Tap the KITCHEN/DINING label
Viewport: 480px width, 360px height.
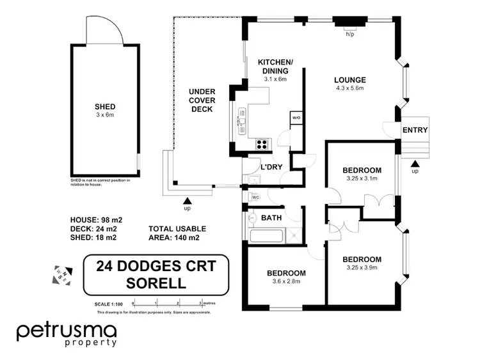(273, 66)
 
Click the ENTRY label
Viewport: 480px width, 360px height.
(415, 130)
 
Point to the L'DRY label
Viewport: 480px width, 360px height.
(271, 168)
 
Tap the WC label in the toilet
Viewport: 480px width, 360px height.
(254, 198)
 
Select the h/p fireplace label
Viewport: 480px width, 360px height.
(349, 34)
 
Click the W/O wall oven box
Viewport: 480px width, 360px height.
(296, 118)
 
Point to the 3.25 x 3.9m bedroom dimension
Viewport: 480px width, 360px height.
(362, 268)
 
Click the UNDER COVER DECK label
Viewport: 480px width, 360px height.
(202, 100)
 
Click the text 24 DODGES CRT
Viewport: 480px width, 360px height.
(156, 265)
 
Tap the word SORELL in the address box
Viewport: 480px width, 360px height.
(156, 282)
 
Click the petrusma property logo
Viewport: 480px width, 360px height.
(67, 334)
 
